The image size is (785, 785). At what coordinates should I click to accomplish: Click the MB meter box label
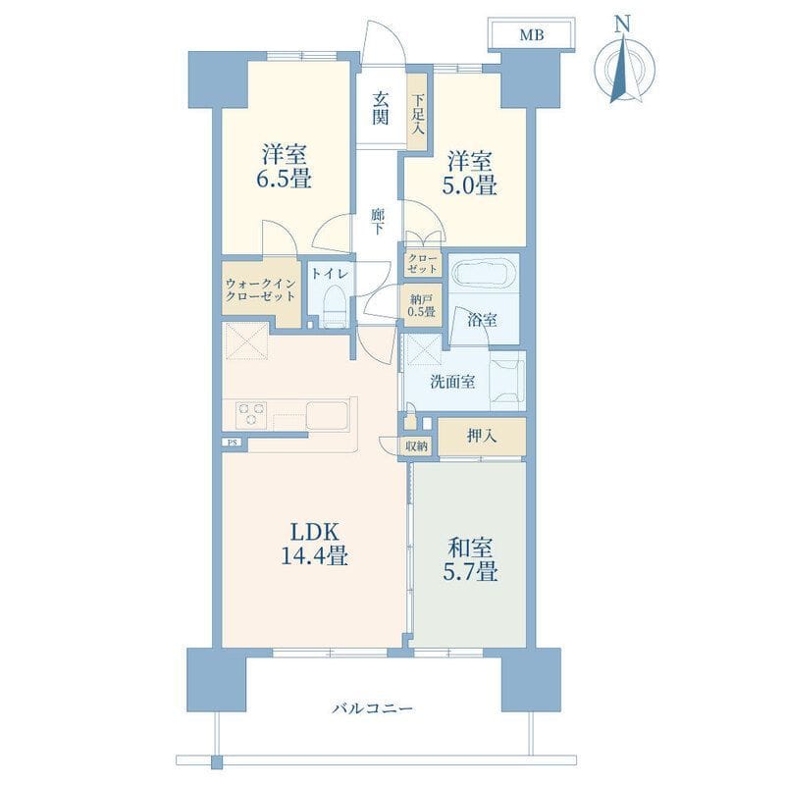pyautogui.click(x=531, y=35)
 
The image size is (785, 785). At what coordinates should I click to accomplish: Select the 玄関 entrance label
pyautogui.click(x=380, y=109)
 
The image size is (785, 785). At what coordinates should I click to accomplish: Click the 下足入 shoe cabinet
pyautogui.click(x=417, y=111)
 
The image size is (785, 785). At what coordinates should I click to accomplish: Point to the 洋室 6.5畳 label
pyautogui.click(x=285, y=166)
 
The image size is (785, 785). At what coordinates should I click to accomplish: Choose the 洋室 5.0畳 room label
pyautogui.click(x=469, y=174)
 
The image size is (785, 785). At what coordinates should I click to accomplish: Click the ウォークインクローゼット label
pyautogui.click(x=261, y=289)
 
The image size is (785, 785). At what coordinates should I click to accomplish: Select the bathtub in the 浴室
pyautogui.click(x=484, y=275)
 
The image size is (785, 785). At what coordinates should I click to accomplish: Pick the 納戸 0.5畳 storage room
pyautogui.click(x=423, y=305)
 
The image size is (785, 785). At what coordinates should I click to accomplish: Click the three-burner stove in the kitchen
pyautogui.click(x=251, y=414)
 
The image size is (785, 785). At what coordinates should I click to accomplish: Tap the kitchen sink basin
pyautogui.click(x=328, y=415)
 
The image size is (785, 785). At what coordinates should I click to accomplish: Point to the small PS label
pyautogui.click(x=232, y=443)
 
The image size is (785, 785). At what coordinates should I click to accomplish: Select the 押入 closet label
pyautogui.click(x=482, y=436)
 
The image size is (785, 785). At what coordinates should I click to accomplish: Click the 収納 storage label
pyautogui.click(x=416, y=445)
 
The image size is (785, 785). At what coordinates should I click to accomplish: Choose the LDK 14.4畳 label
pyautogui.click(x=315, y=544)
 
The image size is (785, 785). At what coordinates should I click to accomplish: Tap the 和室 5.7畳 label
pyautogui.click(x=470, y=559)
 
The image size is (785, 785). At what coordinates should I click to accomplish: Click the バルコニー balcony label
pyautogui.click(x=373, y=708)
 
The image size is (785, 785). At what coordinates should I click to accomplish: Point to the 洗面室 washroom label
pyautogui.click(x=452, y=382)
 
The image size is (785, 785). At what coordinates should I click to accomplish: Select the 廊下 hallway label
pyautogui.click(x=378, y=222)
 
